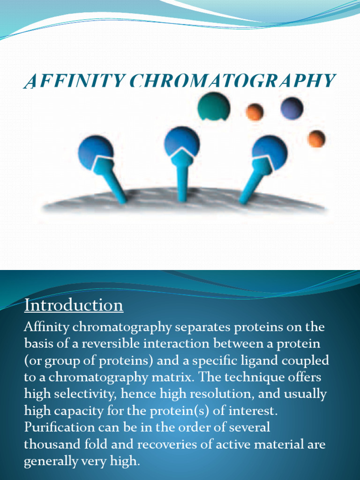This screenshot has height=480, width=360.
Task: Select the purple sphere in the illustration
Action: pos(292,108)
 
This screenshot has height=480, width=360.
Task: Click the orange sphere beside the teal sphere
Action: pos(255,112)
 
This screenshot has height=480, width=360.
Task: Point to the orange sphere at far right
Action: pos(316,139)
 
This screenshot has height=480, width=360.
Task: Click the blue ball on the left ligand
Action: pos(95,151)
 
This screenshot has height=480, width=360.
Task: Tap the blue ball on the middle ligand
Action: pos(182,141)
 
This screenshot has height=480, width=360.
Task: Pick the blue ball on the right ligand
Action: pos(270,151)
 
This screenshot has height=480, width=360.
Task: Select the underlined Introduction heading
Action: pos(74,305)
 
